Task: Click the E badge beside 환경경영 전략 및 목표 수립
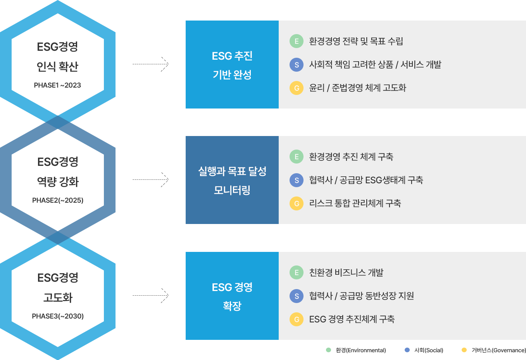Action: (x=297, y=41)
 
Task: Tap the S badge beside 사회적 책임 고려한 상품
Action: (x=297, y=64)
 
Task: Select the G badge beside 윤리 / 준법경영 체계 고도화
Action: (x=297, y=88)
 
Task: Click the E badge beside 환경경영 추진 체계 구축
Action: (x=297, y=157)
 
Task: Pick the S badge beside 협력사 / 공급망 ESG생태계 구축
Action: (x=297, y=180)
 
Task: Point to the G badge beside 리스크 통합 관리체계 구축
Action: (x=297, y=203)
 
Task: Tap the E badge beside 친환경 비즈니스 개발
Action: (x=297, y=272)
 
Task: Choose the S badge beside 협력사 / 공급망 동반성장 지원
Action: (x=297, y=296)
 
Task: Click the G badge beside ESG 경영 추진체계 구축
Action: (x=297, y=319)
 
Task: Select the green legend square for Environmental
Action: (x=328, y=350)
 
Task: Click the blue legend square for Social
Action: (x=407, y=350)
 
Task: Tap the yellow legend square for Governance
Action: (x=464, y=350)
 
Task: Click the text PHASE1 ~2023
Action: (x=57, y=85)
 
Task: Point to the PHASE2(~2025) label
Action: (x=58, y=200)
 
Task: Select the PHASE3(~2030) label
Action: (x=58, y=316)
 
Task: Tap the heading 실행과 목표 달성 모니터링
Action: (x=232, y=180)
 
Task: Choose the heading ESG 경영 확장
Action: (x=232, y=296)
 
